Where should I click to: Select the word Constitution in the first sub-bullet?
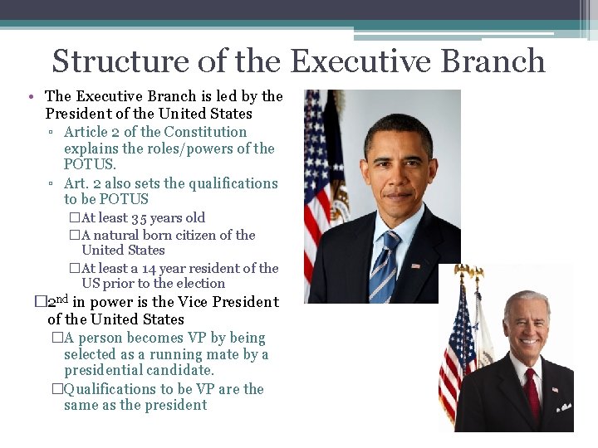tap(205, 132)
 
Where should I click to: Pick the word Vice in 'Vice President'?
tap(196, 302)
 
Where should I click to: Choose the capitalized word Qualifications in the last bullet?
tap(104, 388)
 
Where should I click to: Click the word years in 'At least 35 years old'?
tap(176, 218)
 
